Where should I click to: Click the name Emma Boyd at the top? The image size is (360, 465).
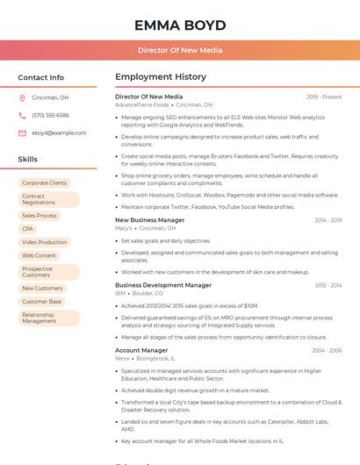[x=180, y=25]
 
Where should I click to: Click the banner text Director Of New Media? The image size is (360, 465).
[x=180, y=50]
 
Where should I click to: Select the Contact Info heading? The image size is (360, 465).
[x=41, y=77]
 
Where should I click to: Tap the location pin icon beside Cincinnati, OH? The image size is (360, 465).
[x=22, y=98]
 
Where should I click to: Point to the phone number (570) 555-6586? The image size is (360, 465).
[x=50, y=115]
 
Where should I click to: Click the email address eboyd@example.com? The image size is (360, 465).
[x=59, y=133]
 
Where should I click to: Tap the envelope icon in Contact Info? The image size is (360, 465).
[x=22, y=133]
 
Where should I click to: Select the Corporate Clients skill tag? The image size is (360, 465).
[x=44, y=182]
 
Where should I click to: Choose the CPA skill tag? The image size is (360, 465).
[x=28, y=228]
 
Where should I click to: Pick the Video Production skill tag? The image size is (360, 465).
[x=44, y=242]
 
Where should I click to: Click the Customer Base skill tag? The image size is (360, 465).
[x=41, y=302]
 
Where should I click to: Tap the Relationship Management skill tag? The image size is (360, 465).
[x=39, y=318]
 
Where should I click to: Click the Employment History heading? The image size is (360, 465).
[x=161, y=77]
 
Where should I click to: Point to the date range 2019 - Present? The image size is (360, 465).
[x=324, y=97]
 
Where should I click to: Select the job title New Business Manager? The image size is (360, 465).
[x=149, y=220]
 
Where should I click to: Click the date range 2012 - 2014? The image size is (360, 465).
[x=328, y=285]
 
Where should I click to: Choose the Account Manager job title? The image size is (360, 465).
[x=141, y=350]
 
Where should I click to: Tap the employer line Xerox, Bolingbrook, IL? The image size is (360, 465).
[x=145, y=358]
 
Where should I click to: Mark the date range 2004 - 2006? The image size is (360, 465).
[x=327, y=350]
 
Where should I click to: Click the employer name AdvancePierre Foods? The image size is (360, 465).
[x=142, y=104]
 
